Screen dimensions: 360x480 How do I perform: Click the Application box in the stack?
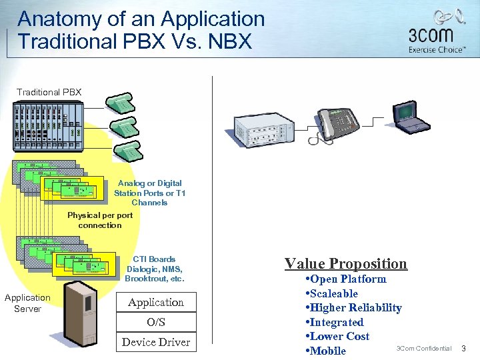coord(156,303)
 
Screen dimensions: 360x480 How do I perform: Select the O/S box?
coord(156,323)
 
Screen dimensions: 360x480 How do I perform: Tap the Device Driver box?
coord(156,342)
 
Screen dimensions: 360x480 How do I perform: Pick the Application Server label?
coord(27,303)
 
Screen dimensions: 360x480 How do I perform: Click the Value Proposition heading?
coord(345,263)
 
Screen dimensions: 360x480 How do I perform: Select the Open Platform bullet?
coord(345,279)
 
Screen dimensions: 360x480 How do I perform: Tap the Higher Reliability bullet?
coord(353,308)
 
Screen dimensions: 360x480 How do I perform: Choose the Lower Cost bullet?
coord(337,337)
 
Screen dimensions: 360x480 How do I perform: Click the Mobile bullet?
coord(326,351)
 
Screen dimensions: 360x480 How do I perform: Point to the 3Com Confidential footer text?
coord(424,349)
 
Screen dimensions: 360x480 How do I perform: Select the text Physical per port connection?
coord(100,220)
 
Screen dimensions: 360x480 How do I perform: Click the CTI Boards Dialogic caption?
coord(154,269)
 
